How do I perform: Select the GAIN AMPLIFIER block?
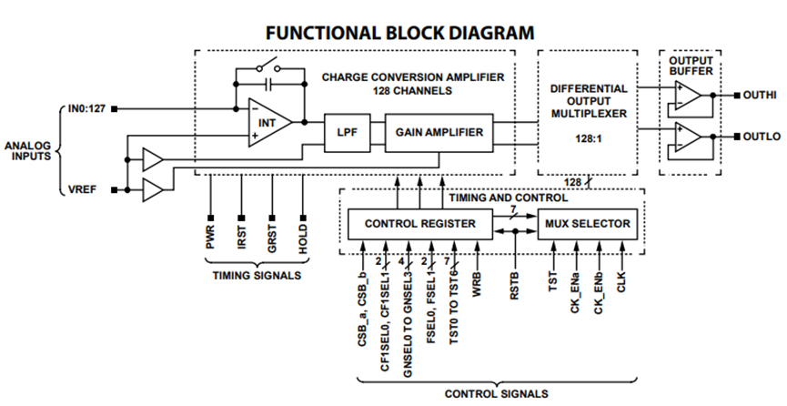tap(439, 132)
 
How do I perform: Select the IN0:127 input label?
tap(86, 110)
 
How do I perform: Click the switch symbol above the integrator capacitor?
tap(267, 66)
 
